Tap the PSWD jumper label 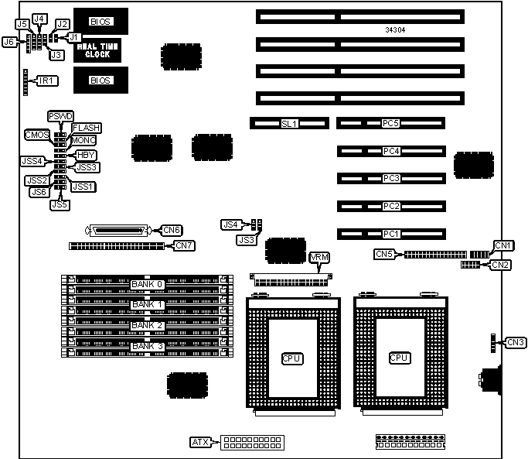(60, 116)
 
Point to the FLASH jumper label (87, 127)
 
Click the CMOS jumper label (37, 135)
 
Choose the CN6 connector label (171, 230)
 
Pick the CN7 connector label (184, 246)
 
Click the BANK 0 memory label (147, 284)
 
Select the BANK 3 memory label (147, 346)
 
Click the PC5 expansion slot (390, 123)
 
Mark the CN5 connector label (385, 254)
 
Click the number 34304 (395, 30)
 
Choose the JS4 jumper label (230, 224)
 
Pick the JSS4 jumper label (33, 162)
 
